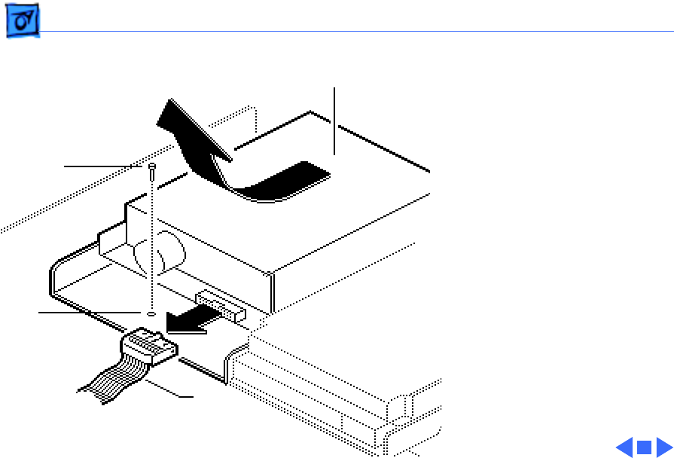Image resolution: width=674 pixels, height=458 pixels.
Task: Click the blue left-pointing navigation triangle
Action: [x=625, y=447]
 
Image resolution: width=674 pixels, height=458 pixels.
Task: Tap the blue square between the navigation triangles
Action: [x=644, y=447]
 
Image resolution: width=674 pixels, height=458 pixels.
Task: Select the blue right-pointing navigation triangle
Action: [x=663, y=447]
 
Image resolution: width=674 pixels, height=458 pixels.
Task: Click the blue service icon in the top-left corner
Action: [x=23, y=25]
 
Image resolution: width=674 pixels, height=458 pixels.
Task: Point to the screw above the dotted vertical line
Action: [x=153, y=170]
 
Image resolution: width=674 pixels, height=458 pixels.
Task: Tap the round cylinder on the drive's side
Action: [x=162, y=252]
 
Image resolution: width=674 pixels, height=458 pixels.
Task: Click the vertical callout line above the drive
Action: [x=334, y=121]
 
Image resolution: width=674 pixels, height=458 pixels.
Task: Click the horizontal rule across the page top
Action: [x=354, y=32]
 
